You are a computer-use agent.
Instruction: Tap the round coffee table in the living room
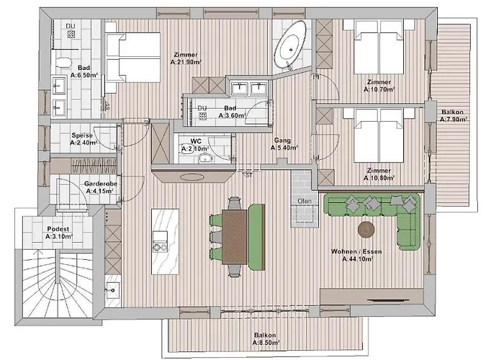[x=367, y=229]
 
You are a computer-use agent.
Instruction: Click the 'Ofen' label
[x=304, y=201]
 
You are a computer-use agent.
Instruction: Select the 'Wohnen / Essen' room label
[x=352, y=251]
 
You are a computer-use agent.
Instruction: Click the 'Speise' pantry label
[x=81, y=135]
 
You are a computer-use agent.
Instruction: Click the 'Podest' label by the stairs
[x=58, y=228]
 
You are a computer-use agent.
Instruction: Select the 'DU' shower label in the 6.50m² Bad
[x=71, y=27]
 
